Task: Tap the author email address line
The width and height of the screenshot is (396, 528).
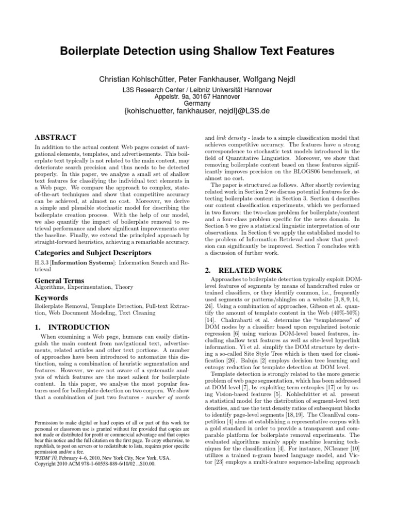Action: [197, 111]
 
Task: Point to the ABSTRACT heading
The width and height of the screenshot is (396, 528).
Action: [55, 138]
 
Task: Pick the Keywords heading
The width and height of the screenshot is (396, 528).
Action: [52, 298]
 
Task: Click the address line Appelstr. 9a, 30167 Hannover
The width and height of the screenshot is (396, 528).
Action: [197, 96]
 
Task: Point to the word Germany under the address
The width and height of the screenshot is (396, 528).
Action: [197, 103]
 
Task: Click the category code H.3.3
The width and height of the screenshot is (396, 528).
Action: [43, 263]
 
